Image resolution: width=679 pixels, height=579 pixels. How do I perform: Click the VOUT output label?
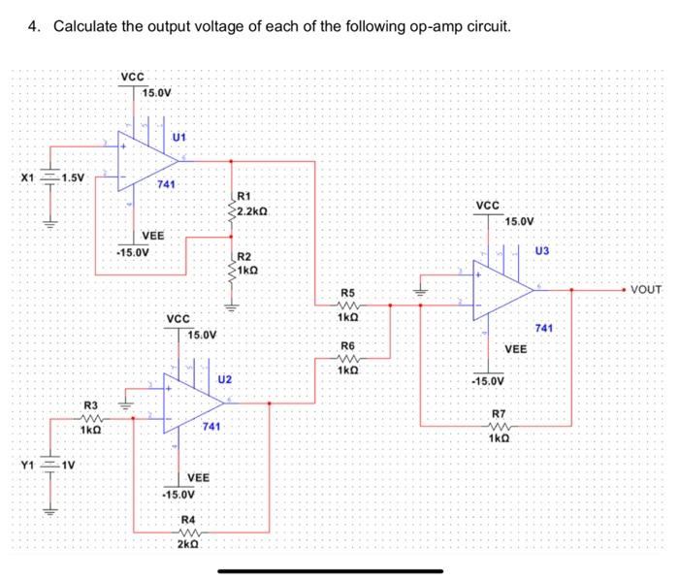point(645,289)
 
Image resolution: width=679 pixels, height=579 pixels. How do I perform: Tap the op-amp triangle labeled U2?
point(189,403)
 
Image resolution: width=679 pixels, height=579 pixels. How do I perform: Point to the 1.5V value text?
point(73,177)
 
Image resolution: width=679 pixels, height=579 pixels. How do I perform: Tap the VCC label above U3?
point(488,206)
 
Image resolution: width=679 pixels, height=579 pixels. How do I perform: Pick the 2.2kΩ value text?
point(252,209)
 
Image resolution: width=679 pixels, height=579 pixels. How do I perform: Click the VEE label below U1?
point(153,236)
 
